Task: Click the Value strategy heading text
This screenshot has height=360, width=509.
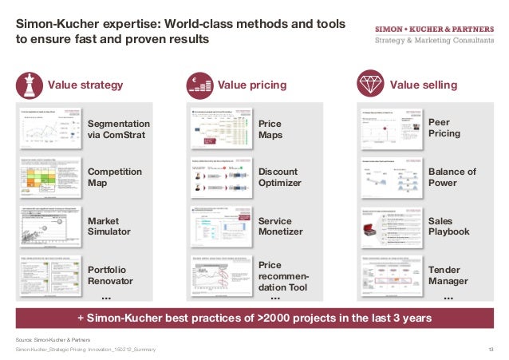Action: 85,85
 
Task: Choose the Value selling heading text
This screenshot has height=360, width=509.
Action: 424,85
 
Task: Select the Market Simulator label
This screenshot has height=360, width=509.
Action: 109,226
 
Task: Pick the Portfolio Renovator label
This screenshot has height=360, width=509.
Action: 112,275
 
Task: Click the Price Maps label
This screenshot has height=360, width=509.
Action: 270,129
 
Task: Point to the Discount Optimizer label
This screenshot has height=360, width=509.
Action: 280,177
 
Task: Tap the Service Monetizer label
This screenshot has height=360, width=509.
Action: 280,226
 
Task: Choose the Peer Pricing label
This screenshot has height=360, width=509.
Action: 444,128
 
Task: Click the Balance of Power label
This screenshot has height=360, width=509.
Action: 452,177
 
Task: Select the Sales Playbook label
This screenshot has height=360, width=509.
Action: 449,226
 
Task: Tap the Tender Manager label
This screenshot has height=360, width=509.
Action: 448,275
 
